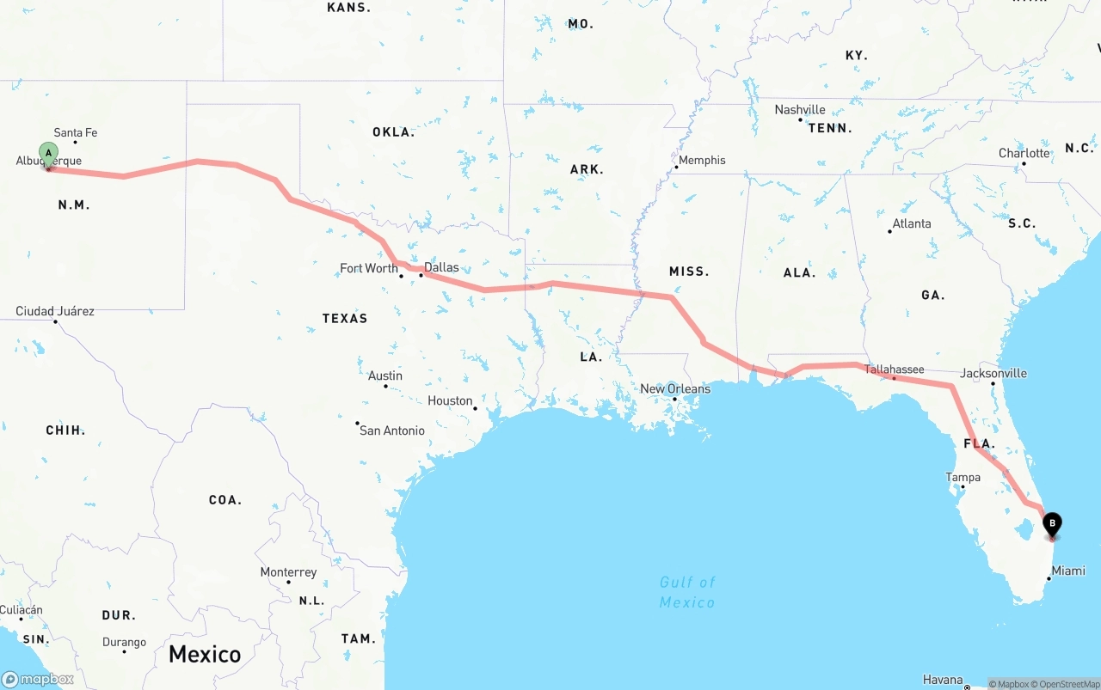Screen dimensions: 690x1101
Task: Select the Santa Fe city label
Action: tap(76, 132)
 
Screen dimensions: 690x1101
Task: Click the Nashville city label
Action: tap(800, 110)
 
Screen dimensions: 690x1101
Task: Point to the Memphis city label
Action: tap(702, 160)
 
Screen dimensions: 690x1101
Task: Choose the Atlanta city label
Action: tap(912, 223)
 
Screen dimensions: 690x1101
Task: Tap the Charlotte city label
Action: tap(1024, 154)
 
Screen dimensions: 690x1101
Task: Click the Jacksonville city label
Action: tap(994, 374)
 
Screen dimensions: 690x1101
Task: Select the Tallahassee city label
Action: tap(895, 369)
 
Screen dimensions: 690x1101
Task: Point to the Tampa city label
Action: tap(963, 478)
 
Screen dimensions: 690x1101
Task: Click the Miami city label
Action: tap(1068, 571)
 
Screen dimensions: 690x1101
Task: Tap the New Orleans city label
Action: tap(675, 389)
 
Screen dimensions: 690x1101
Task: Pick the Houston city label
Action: tap(451, 401)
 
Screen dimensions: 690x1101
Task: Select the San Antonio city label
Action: tap(392, 430)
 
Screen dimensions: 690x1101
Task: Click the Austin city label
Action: tap(385, 376)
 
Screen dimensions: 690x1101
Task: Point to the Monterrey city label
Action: tap(289, 572)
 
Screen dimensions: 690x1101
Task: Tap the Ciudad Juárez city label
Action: tap(55, 311)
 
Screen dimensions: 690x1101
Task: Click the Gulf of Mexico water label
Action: tap(687, 592)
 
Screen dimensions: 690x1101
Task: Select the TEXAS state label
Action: tap(345, 319)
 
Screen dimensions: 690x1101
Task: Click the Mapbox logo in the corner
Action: tap(38, 679)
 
